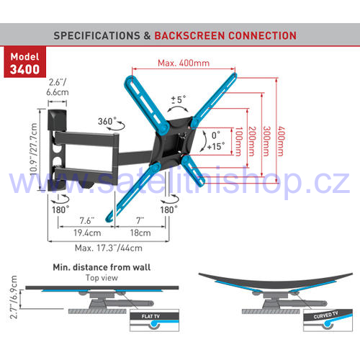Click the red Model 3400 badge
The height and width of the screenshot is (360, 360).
(24, 62)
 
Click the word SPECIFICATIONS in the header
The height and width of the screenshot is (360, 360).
(96, 36)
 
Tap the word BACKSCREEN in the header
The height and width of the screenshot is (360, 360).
(189, 36)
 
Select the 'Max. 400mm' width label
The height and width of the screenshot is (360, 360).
(184, 63)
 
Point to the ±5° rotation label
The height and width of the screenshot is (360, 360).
(179, 99)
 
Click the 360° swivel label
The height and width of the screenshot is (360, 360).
(107, 121)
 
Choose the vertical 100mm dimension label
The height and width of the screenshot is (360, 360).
(238, 141)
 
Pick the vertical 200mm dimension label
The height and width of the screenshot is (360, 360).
(252, 141)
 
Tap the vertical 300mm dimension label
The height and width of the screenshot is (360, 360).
(266, 141)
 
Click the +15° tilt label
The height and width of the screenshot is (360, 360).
(216, 146)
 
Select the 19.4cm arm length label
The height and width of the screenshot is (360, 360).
(87, 233)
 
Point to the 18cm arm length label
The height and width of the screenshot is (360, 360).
(140, 233)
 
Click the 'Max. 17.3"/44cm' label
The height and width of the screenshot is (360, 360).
(109, 248)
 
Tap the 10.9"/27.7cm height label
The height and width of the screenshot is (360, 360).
(34, 149)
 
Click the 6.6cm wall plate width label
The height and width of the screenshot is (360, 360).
(58, 92)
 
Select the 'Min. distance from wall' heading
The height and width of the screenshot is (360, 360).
(102, 267)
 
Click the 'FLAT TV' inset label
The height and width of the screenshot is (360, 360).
(150, 316)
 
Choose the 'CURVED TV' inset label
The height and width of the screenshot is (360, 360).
(325, 315)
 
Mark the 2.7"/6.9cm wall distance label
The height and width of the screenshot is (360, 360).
(14, 297)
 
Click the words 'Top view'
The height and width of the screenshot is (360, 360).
(102, 278)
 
